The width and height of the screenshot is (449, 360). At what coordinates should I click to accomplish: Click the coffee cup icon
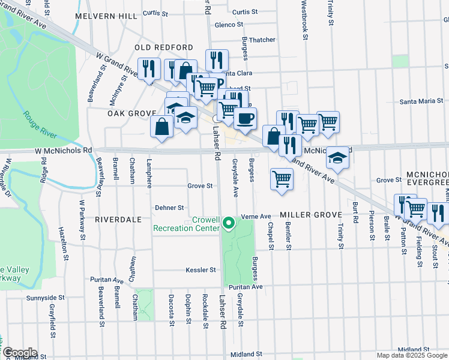click(244, 118)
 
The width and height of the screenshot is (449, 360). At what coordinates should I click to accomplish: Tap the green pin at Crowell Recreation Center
click(228, 224)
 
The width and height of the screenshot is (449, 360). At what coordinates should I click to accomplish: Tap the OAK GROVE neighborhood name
click(131, 113)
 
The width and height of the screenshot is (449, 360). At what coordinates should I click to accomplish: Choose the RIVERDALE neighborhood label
click(118, 220)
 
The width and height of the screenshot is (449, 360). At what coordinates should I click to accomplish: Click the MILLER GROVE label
click(310, 215)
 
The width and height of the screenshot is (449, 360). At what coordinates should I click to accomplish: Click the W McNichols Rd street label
click(63, 150)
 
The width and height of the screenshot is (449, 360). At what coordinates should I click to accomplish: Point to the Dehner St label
click(169, 208)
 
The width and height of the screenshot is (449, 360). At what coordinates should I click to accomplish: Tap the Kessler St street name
click(200, 270)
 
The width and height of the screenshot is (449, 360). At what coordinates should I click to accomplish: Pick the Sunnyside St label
click(45, 298)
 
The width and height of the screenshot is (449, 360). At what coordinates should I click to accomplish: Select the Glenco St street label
click(229, 25)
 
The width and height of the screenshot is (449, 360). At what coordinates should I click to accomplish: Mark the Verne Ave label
click(256, 216)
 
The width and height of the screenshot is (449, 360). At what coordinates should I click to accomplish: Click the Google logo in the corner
click(20, 352)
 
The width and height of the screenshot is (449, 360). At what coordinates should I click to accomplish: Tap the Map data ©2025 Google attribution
click(412, 355)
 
